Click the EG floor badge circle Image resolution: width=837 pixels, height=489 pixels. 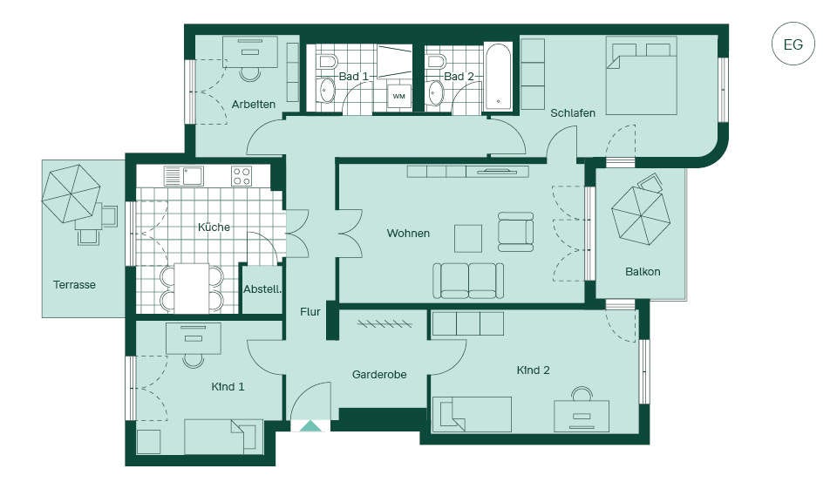793,44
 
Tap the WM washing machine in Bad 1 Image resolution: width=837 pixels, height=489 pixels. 398,96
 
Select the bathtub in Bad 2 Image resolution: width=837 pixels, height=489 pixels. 499,76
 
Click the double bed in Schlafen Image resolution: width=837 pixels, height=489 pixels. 642,75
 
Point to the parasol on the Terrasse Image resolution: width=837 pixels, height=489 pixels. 71,193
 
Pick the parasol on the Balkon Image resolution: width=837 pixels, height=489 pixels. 641,215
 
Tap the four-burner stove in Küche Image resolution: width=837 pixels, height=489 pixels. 242,176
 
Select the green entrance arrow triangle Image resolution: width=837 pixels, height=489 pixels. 310,425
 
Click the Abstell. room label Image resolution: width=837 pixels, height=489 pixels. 262,289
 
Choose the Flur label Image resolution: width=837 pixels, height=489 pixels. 310,312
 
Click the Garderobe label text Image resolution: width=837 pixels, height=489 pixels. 379,375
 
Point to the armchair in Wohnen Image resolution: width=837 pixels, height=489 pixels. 515,232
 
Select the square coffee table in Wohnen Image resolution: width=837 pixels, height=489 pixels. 468,239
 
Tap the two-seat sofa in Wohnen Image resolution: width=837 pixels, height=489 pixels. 468,281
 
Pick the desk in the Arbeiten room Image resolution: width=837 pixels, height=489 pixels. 250,51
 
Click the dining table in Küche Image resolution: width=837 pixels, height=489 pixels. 192,289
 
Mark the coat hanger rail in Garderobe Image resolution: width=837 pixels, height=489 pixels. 384,323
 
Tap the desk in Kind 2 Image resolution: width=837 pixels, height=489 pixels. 582,416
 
